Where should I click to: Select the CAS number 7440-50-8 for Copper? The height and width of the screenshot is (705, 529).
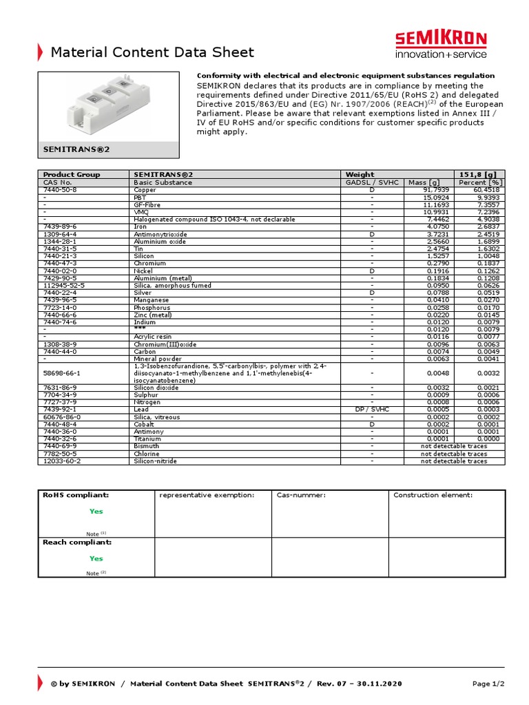click(60, 189)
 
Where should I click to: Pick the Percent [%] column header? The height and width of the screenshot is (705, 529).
click(481, 182)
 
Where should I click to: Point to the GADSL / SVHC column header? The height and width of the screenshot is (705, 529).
click(371, 182)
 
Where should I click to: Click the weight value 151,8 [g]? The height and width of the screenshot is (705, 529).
click(481, 175)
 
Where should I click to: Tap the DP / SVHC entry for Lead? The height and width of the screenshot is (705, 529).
click(371, 408)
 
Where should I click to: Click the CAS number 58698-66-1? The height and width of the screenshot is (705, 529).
click(61, 372)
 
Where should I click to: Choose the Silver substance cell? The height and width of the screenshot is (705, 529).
click(143, 293)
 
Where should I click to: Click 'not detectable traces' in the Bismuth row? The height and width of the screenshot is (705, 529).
click(453, 446)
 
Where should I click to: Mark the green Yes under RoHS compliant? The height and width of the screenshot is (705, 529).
click(96, 511)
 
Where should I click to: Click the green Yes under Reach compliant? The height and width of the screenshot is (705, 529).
click(96, 558)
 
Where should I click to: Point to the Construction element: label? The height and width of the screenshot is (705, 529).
click(433, 495)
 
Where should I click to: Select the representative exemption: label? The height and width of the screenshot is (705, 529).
click(207, 495)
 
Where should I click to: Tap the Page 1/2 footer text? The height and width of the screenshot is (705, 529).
click(488, 684)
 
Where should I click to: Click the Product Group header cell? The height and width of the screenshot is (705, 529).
click(72, 175)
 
